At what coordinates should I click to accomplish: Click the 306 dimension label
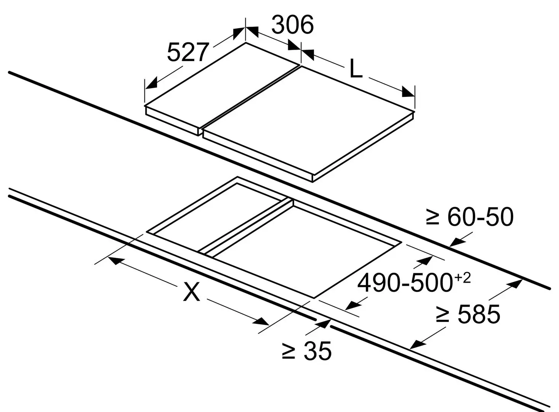coord(292,25)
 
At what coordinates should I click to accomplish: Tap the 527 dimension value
coord(187,53)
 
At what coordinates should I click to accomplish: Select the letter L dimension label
coord(356,68)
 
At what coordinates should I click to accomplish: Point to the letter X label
coord(191,291)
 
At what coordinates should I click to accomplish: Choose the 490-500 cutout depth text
coord(405,283)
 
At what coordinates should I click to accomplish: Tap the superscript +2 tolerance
coord(462,278)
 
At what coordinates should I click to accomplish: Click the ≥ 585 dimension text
coord(468,314)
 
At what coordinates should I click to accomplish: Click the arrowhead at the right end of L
coord(408,92)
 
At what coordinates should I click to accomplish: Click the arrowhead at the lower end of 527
coord(151,83)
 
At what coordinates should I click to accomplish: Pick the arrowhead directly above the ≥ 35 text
coord(324,323)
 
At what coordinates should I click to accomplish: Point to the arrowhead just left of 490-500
coord(354,305)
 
